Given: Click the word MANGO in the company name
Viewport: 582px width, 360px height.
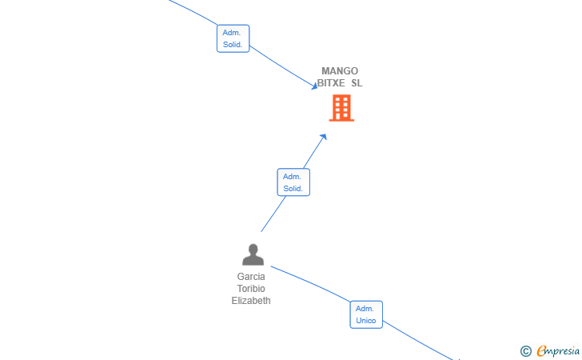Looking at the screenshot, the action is click(x=340, y=71).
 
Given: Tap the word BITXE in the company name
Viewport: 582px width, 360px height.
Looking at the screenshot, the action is click(x=331, y=83).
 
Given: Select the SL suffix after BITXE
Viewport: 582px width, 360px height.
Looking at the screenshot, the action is click(x=357, y=83).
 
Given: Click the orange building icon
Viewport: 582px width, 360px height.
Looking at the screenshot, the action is click(x=341, y=108).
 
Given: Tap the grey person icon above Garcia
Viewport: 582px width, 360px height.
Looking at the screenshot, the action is click(x=253, y=254).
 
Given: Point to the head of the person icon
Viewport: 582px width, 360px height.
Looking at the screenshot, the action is click(x=253, y=249).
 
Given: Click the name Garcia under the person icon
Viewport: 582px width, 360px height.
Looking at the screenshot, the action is click(x=251, y=277).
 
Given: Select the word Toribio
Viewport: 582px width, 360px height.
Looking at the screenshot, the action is click(x=251, y=289).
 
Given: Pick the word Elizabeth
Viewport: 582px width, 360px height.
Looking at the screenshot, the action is click(x=251, y=301).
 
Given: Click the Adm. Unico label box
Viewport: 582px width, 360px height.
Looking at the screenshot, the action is click(x=366, y=314).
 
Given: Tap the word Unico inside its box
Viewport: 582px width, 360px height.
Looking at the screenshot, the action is click(x=366, y=321).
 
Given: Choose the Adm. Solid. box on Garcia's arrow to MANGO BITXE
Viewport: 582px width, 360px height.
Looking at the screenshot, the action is click(x=293, y=182).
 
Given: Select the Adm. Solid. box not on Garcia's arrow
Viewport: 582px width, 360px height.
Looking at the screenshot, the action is click(x=233, y=38).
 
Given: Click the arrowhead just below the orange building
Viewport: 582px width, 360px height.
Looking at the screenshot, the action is click(x=323, y=137).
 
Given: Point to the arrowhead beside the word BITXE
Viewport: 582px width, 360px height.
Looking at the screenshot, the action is click(x=314, y=86).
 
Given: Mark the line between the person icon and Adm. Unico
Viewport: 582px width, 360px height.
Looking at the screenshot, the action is click(x=310, y=282).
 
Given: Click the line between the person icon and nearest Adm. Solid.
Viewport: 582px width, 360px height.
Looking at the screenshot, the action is click(x=273, y=214).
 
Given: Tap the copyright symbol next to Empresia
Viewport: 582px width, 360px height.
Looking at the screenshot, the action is click(x=526, y=351).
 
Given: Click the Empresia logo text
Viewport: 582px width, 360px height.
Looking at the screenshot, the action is click(x=558, y=351).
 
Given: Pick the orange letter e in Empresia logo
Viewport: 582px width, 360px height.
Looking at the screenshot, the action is click(x=541, y=351).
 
